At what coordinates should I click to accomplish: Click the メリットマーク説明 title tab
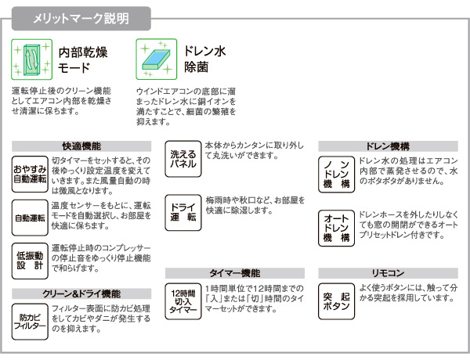coord(81,19)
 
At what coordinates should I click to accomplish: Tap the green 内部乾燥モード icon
coord(32,59)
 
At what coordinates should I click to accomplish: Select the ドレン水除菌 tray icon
coord(157,59)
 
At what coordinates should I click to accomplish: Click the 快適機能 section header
coord(81,146)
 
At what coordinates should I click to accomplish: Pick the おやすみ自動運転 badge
coord(30,174)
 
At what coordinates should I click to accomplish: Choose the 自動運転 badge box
coord(30,218)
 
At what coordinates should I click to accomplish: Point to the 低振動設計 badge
coord(30,261)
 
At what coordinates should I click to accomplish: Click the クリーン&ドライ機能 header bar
coord(81,293)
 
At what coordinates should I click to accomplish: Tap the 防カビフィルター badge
coord(30,322)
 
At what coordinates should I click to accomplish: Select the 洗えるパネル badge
coord(183,159)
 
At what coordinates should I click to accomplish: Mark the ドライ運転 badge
coord(183,213)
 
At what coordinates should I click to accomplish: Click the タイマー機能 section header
coord(235,273)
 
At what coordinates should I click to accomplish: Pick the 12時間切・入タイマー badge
coord(183,301)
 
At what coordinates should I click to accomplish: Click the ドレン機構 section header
coord(389,146)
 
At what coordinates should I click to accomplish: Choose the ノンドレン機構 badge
coord(337,175)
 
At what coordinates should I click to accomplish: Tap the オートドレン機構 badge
coord(337,229)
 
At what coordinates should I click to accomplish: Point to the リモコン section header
coord(389,273)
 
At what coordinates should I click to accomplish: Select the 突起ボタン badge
coord(337,301)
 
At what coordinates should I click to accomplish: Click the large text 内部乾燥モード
coord(83,60)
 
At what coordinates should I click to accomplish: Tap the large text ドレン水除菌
coord(204,59)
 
